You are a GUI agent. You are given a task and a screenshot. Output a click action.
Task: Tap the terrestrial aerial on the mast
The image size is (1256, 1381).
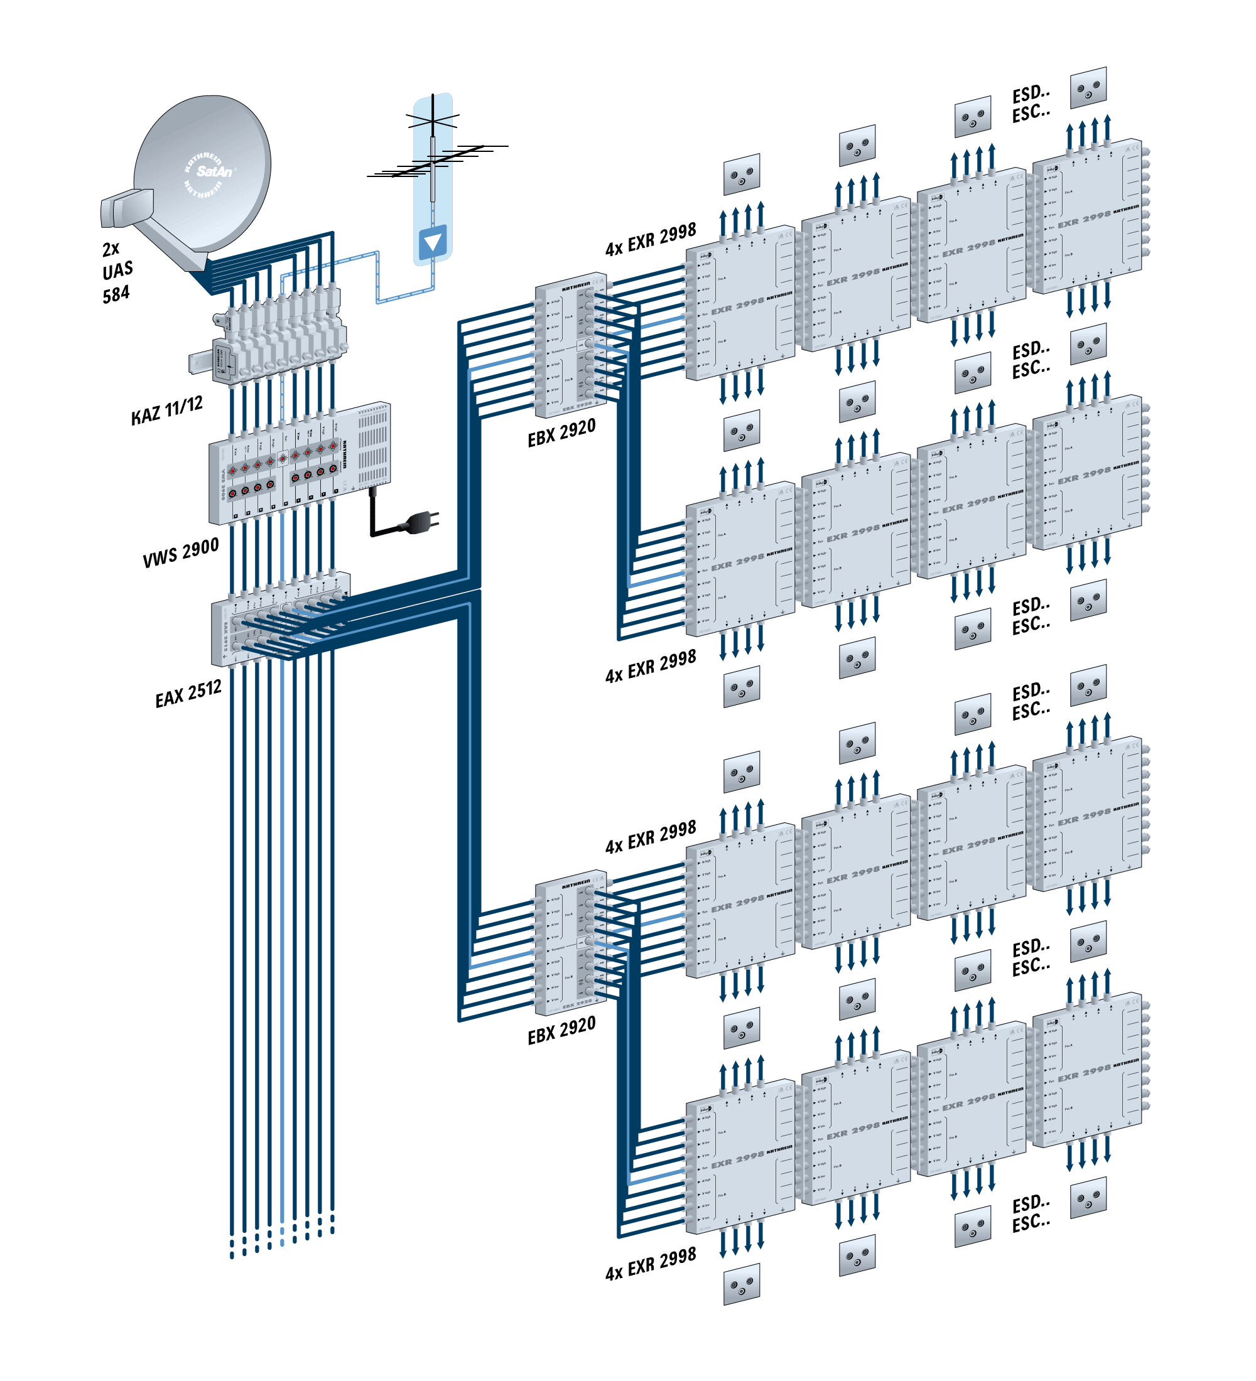coord(434,154)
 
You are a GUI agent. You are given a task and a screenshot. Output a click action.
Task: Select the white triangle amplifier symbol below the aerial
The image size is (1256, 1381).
coord(432,242)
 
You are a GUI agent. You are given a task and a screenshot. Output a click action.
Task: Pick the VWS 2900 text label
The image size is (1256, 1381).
coord(181,552)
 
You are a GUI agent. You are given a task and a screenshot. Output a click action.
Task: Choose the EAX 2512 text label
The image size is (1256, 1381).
coord(188,693)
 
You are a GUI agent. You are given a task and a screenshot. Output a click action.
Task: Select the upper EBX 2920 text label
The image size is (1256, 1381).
coord(561,433)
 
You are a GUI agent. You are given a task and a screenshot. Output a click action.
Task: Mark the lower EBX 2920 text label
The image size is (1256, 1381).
coord(561,1030)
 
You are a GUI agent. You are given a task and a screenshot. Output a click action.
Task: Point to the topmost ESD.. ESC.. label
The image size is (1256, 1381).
coord(1031,104)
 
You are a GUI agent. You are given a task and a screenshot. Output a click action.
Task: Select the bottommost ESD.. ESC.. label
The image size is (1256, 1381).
coord(1031,1213)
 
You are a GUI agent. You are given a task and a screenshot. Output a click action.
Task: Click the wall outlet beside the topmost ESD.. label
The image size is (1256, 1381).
coord(1088,87)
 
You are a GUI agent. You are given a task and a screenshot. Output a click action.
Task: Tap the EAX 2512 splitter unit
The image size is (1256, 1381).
coord(281,620)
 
